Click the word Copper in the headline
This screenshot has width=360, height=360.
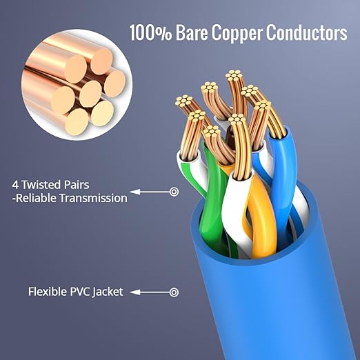[237, 33]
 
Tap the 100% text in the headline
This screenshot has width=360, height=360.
[150, 32]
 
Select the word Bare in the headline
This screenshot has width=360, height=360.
[192, 32]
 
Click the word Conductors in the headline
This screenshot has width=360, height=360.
[307, 32]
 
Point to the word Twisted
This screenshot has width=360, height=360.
[40, 185]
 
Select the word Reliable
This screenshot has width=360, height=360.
[37, 198]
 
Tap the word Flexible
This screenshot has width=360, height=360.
[48, 292]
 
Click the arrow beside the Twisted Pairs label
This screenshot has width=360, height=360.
[150, 192]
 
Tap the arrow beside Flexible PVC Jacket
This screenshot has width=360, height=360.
[150, 292]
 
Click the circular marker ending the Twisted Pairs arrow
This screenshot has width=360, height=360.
[174, 192]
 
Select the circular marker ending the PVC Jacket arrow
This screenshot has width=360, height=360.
[174, 292]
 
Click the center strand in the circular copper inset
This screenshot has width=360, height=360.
[90, 94]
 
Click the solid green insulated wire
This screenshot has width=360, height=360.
[212, 202]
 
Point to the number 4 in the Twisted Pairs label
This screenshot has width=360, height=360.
[15, 185]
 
